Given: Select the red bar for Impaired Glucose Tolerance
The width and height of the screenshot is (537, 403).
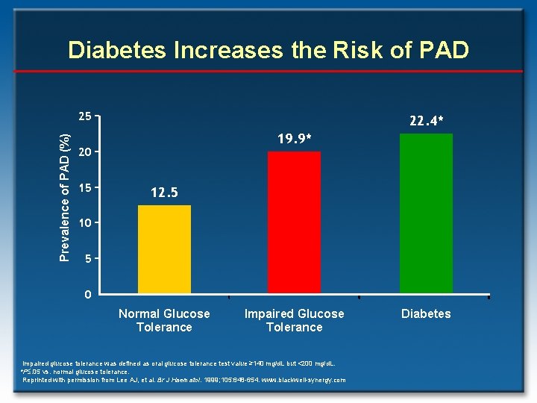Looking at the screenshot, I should click(294, 222).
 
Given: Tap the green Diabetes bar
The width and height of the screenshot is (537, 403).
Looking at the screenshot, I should click(426, 213).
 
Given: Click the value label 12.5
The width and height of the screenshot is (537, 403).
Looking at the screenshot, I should click(164, 193).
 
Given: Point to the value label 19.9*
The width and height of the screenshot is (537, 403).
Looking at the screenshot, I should click(294, 139).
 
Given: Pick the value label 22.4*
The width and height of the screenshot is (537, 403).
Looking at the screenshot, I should click(426, 120).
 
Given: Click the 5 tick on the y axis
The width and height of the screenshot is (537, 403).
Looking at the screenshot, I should click(87, 259).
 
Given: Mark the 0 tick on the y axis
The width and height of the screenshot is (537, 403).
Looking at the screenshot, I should click(87, 294).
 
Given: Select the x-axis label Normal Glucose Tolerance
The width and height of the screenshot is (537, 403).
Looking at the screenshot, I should click(164, 320).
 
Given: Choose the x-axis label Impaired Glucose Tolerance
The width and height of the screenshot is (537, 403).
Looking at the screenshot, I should click(294, 320).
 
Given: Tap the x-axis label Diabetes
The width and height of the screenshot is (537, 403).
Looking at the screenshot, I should click(426, 313).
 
